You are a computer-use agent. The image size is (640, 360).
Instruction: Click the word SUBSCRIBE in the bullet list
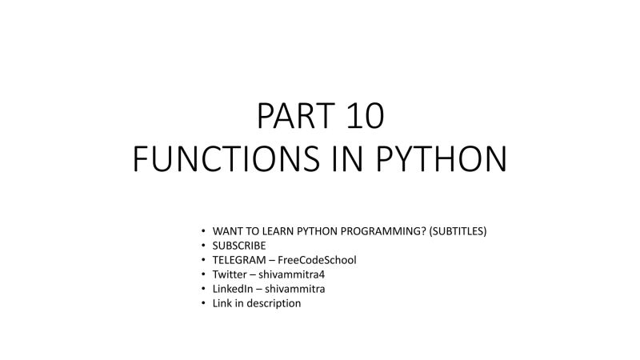pyautogui.click(x=239, y=246)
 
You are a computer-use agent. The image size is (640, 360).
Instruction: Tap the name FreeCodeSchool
pyautogui.click(x=317, y=260)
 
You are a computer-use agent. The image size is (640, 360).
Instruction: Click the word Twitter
pyautogui.click(x=229, y=274)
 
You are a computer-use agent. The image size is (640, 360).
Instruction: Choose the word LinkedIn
pyautogui.click(x=231, y=289)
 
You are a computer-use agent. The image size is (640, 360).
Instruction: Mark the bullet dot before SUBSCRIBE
pyautogui.click(x=204, y=246)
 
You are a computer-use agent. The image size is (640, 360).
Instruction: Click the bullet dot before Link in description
pyautogui.click(x=204, y=303)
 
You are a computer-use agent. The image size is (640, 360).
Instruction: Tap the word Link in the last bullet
pyautogui.click(x=222, y=303)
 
